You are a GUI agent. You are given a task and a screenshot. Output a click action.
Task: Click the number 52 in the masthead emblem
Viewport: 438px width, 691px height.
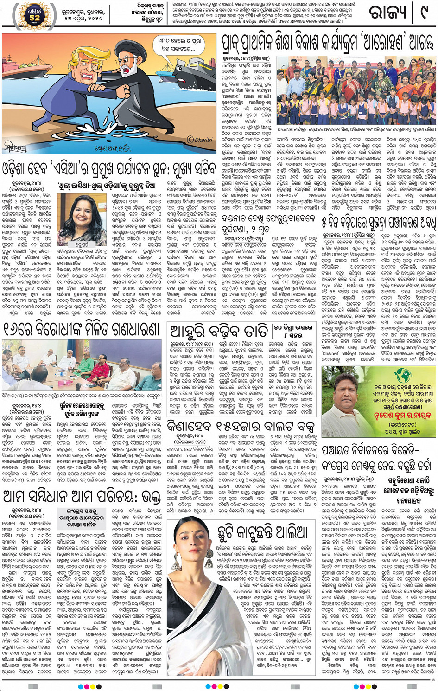point(35,18)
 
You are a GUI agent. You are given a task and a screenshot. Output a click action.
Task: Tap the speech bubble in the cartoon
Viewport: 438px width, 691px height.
point(180,45)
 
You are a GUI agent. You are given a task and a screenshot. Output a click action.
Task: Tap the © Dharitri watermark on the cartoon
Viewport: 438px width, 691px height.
point(200,139)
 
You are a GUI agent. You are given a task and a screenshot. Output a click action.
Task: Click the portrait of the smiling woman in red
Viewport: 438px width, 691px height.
point(82,218)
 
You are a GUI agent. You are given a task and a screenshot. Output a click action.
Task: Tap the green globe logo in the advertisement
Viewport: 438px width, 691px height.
point(402,374)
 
